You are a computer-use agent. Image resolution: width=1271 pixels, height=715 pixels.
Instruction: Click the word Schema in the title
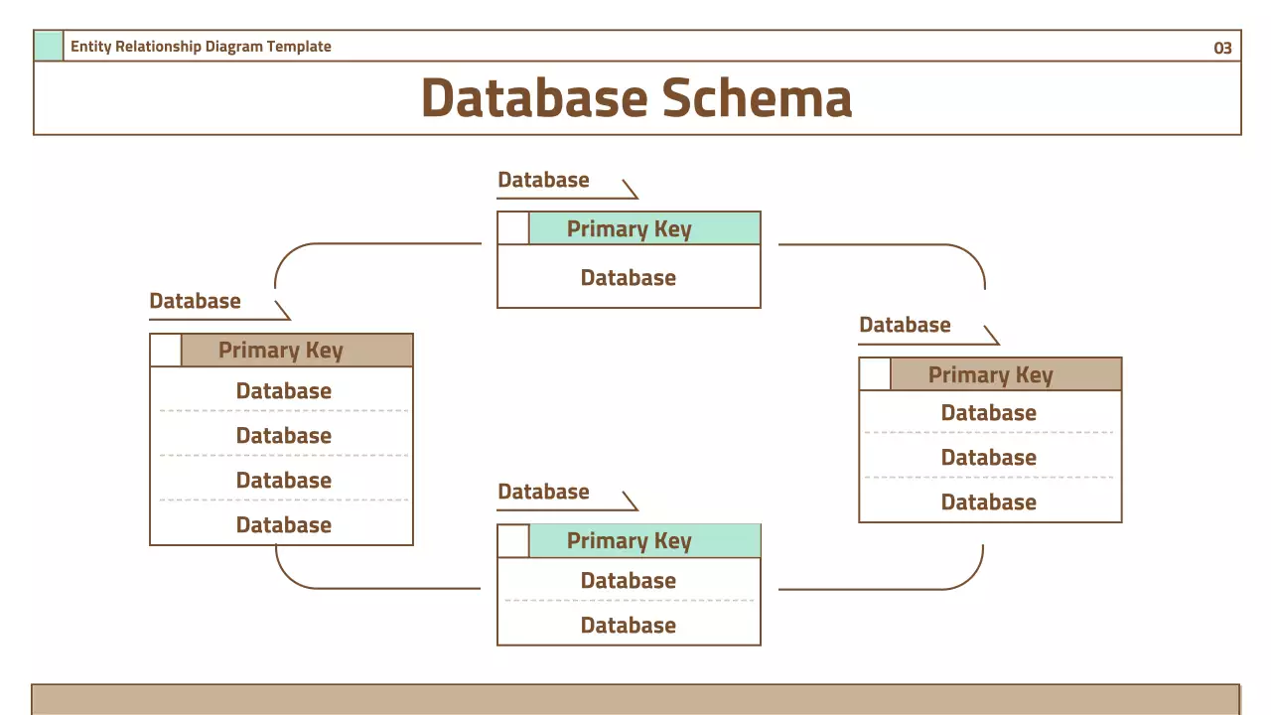[x=757, y=98]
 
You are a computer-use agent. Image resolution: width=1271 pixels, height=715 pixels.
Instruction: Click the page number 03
[x=1222, y=48]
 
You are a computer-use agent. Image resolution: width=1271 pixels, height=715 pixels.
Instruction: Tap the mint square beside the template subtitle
[x=49, y=46]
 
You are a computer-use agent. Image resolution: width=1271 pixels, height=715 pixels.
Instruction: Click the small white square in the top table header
[x=513, y=228]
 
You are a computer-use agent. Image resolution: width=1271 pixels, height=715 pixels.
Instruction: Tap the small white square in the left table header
[x=166, y=351]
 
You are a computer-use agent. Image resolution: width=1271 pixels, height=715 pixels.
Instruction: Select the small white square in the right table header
[x=875, y=374]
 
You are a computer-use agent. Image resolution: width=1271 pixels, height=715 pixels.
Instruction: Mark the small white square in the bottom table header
[x=513, y=541]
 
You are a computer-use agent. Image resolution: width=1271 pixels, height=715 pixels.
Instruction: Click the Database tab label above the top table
[x=543, y=180]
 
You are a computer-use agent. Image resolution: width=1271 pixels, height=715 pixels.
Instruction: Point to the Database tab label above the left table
[x=195, y=301]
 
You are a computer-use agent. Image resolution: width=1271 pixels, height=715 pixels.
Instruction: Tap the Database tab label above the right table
[x=905, y=325]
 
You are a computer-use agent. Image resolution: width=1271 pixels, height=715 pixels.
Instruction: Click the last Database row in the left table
[x=283, y=524]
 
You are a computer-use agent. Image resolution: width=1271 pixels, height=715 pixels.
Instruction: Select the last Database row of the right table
[x=989, y=501]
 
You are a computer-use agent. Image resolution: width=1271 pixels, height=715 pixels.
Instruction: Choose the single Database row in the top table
[x=629, y=277]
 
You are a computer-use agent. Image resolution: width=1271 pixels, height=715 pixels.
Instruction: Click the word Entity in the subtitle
[x=90, y=46]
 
